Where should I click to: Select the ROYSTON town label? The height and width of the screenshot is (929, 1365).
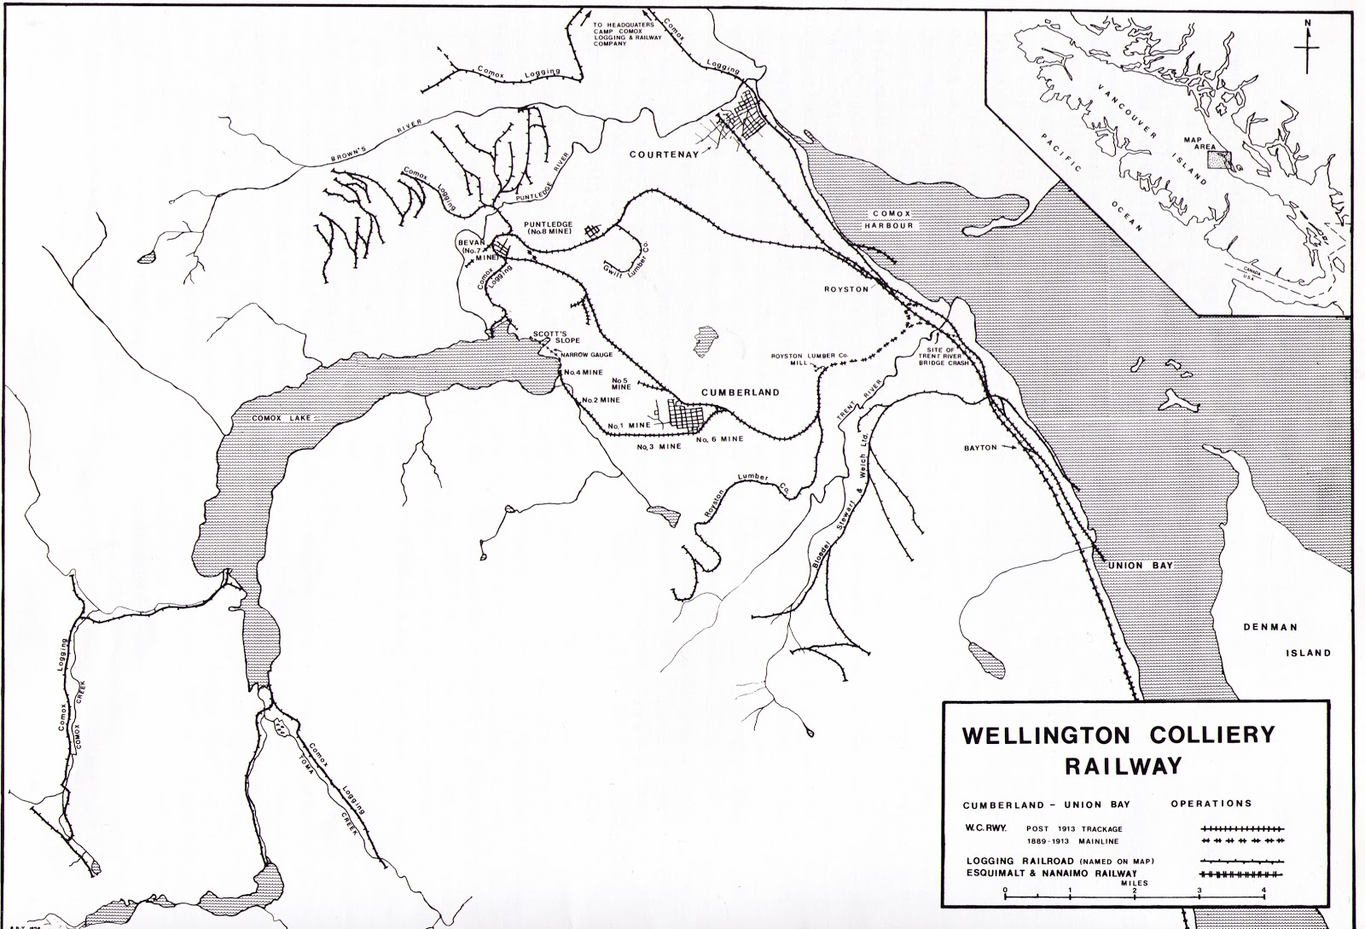coord(845,289)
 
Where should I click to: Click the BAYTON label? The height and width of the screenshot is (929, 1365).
coord(980,447)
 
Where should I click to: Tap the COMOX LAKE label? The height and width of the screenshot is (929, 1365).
coord(271,418)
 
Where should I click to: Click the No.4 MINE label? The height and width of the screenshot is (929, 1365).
coord(583,373)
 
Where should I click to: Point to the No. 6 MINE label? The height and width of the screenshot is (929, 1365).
coord(720,439)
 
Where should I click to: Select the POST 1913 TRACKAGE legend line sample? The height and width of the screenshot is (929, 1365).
coord(1242,828)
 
